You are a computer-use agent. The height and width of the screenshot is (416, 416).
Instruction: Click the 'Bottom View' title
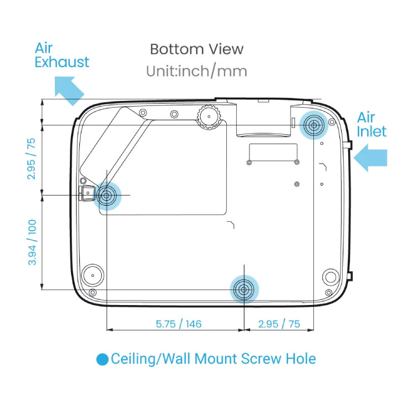(196, 49)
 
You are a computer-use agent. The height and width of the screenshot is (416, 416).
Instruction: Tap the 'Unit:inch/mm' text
(196, 71)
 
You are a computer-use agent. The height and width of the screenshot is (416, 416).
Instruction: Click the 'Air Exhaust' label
(62, 54)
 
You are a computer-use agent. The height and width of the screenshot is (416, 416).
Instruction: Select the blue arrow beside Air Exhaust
(69, 90)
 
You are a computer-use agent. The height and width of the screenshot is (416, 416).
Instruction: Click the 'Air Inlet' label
(371, 124)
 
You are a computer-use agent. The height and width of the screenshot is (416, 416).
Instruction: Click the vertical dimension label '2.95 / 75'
(32, 159)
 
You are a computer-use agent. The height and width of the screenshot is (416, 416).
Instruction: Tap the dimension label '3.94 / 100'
(32, 242)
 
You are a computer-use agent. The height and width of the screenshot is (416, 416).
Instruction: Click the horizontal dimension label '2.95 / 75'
(279, 324)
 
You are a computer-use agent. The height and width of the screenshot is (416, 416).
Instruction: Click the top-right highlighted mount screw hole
(314, 125)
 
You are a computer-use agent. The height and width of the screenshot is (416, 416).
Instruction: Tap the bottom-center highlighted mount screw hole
(243, 289)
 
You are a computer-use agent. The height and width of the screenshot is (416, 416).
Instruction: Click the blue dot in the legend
(102, 359)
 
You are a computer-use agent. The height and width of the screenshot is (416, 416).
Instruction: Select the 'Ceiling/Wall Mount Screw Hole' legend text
(213, 359)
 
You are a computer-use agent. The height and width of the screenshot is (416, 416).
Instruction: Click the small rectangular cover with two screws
(273, 154)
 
